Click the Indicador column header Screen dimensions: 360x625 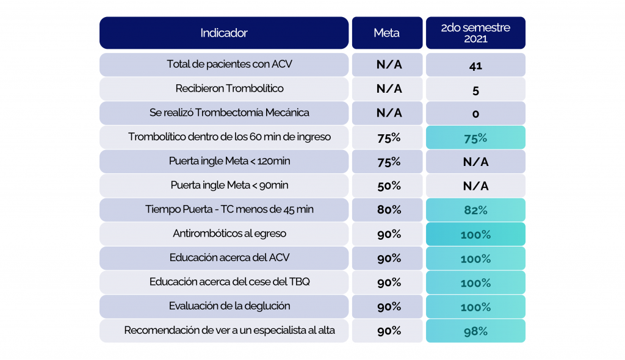pos(224,33)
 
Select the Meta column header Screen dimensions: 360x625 pos(387,33)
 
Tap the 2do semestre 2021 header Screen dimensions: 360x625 pos(475,33)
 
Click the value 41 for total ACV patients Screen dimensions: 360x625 pos(475,65)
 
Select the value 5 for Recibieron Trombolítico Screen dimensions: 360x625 pos(475,89)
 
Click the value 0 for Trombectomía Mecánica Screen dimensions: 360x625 pos(475,113)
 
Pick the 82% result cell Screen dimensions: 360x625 pos(475,210)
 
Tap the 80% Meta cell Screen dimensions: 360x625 pos(389,210)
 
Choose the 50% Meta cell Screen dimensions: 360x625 pos(389,185)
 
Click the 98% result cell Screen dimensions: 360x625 pos(475,331)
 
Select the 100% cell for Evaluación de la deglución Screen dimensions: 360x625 pos(475,307)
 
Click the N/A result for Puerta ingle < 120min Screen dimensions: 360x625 pos(475,162)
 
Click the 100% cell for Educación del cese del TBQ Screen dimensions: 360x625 pos(475,283)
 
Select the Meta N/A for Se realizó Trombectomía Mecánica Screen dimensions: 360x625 pos(389,113)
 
